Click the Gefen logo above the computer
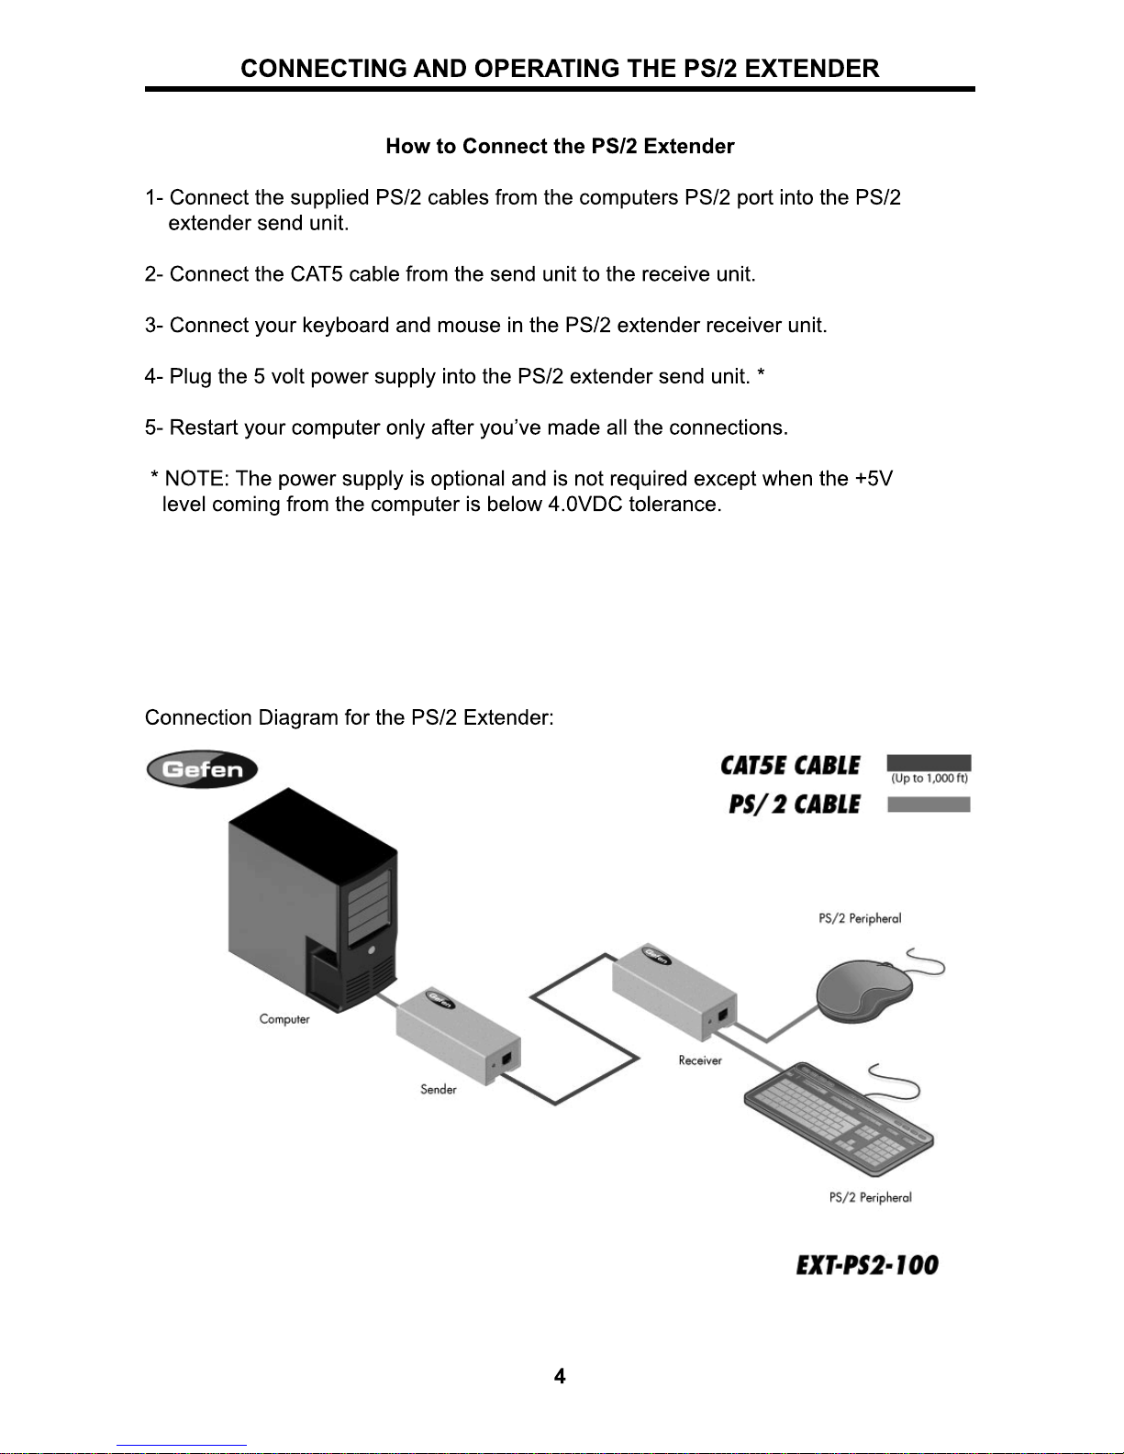pos(202,770)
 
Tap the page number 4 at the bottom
pos(560,1376)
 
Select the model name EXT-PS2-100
pos(867,1265)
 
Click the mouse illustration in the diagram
pos(865,990)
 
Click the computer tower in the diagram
pos(312,904)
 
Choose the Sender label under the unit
pos(439,1090)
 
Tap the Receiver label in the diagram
pos(700,1060)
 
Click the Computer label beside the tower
pos(284,1019)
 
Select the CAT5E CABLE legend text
pos(790,766)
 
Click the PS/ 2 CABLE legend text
pos(795,805)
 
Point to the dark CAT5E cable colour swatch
pos(929,762)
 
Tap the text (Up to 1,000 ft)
pos(929,779)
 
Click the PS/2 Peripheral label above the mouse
pos(860,918)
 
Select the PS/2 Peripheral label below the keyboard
pos(870,1197)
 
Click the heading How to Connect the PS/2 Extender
pos(560,147)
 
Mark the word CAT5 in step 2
pos(317,274)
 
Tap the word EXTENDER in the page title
pos(812,69)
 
